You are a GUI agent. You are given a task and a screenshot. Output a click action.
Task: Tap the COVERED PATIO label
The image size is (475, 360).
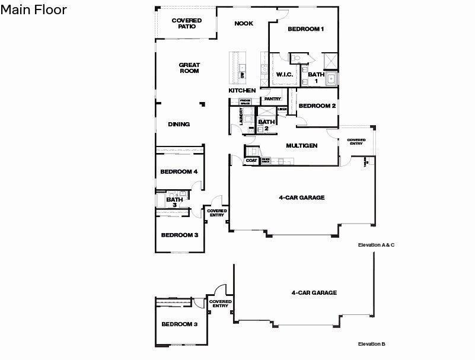[186, 23]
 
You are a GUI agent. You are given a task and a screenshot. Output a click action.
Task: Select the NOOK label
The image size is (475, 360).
[243, 24]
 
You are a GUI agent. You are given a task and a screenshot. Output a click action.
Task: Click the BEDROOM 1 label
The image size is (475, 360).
[305, 29]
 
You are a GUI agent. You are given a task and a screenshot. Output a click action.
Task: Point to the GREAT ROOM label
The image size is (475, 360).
[189, 68]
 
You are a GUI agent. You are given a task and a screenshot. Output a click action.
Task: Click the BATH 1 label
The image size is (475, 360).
[315, 77]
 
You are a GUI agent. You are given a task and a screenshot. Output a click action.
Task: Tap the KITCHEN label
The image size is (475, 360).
[242, 90]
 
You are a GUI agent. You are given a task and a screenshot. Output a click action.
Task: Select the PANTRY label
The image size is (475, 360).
[272, 99]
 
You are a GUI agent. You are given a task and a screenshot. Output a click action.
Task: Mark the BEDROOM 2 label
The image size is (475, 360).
[317, 106]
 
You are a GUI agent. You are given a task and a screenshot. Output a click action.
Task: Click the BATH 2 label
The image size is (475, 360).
[263, 125]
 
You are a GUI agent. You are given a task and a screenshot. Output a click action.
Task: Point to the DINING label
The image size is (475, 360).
[178, 125]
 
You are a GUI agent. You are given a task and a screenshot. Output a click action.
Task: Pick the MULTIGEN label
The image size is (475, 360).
[302, 145]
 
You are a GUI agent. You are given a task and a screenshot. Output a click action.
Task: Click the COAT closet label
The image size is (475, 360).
[251, 161]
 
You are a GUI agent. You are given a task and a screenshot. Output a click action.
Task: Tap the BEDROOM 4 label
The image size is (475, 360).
[178, 172]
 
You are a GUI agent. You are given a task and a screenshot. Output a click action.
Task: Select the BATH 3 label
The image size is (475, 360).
[174, 202]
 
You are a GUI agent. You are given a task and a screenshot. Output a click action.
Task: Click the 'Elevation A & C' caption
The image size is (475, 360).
[376, 245]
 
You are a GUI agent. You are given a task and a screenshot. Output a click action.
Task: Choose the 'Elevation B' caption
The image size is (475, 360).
[372, 344]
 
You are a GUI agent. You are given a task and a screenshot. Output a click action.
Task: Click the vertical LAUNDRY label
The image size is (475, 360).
[241, 115]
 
